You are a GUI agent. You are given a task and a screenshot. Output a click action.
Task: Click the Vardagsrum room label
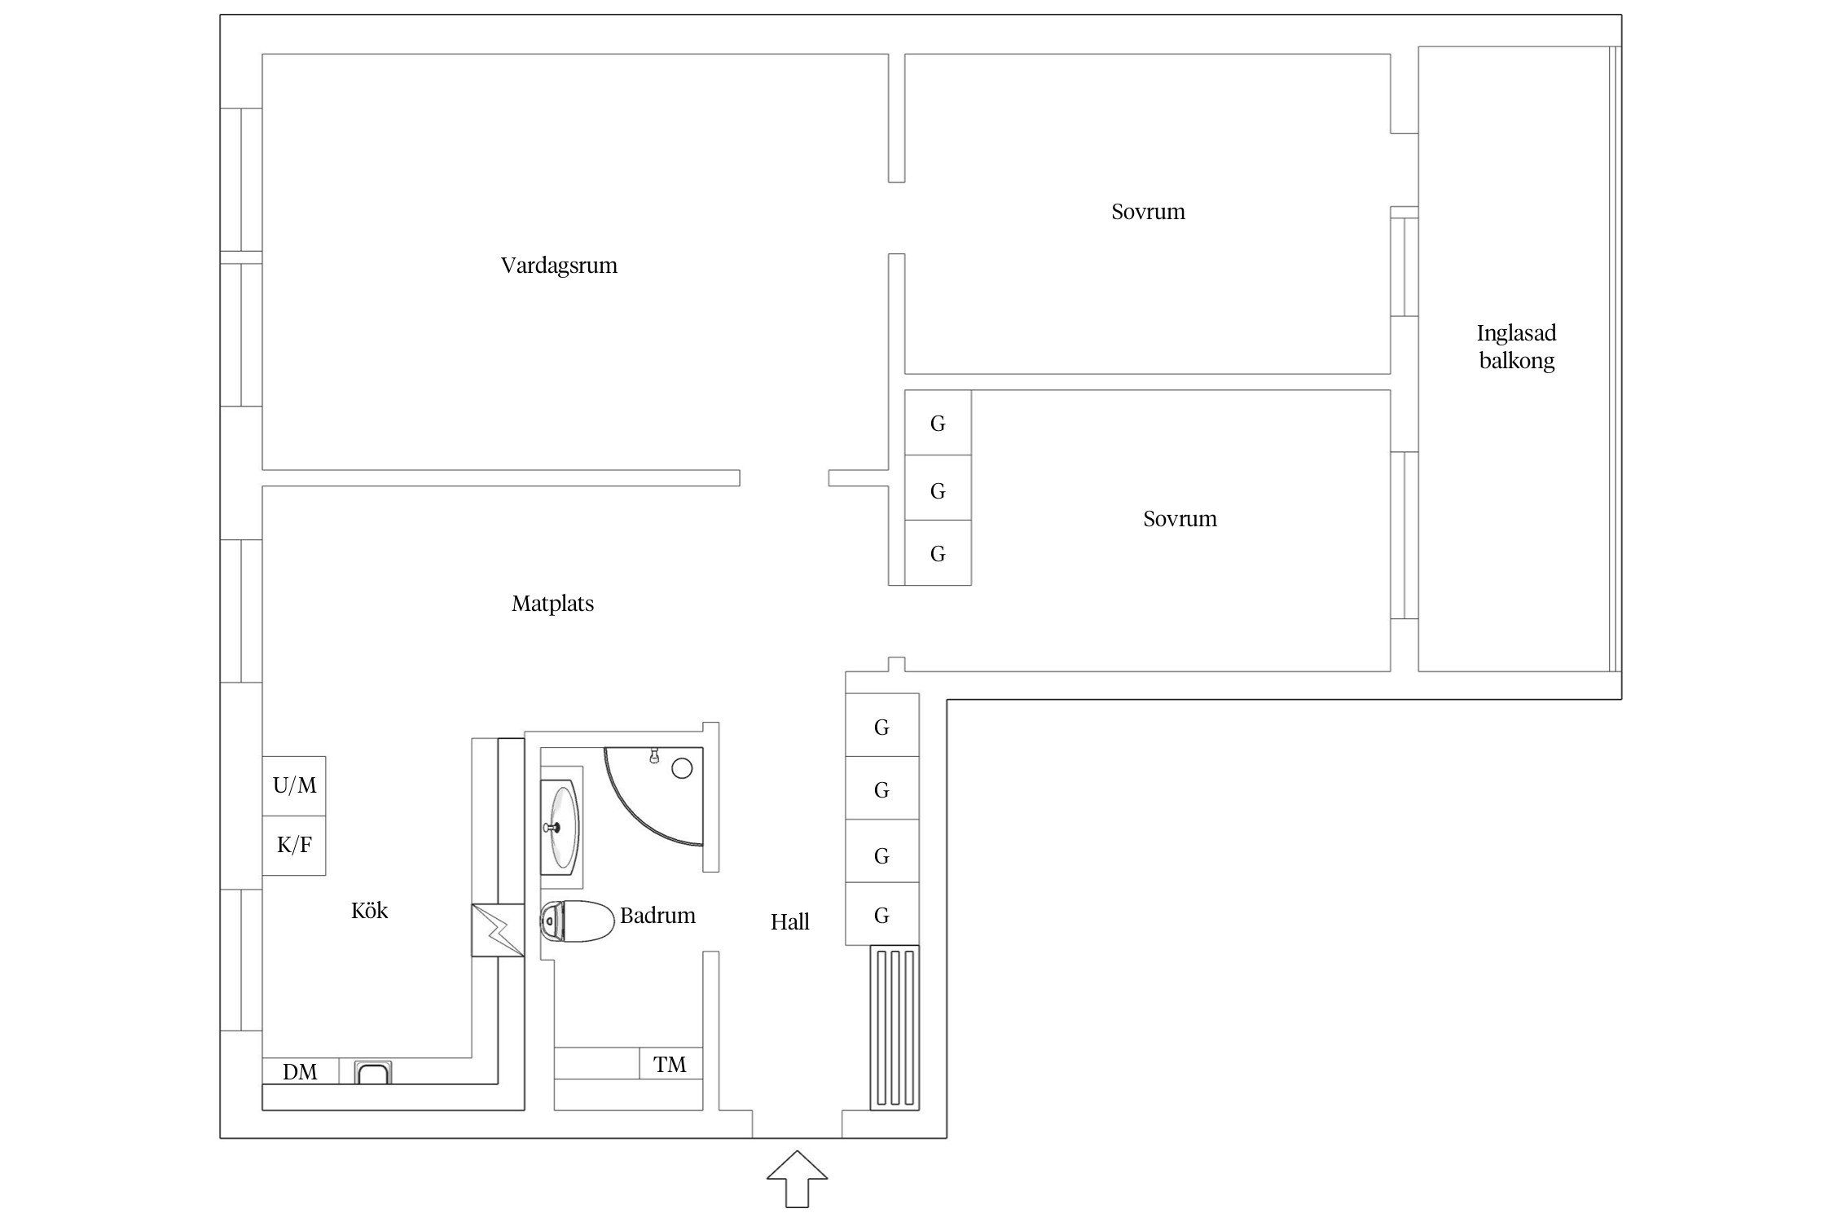point(559,266)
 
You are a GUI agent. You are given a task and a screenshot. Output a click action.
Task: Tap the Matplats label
point(552,604)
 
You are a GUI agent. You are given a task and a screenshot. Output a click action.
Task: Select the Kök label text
point(369,910)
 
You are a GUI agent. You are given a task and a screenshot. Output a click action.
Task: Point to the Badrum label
point(657,916)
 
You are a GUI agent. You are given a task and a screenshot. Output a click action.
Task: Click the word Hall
point(789,922)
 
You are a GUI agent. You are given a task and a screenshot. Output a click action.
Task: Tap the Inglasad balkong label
point(1516,346)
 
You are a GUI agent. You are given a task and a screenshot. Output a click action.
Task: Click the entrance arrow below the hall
point(797,1178)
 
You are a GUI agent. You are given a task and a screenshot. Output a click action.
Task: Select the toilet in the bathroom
point(577,921)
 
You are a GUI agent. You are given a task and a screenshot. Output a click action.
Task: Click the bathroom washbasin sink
point(562,826)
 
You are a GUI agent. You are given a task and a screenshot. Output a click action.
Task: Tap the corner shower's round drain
point(682,767)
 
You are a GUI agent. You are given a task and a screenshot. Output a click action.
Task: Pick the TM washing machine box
point(670,1063)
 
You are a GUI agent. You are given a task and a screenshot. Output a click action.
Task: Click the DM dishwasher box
point(301,1070)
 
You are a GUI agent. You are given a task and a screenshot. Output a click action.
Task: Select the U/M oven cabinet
point(294,785)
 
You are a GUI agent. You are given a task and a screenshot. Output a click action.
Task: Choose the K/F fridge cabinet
point(294,846)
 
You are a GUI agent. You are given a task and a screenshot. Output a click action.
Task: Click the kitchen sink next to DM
point(373,1072)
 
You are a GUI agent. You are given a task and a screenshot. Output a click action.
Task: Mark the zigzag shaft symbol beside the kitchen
point(498,930)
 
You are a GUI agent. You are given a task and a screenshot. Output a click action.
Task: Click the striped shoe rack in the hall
point(895,1027)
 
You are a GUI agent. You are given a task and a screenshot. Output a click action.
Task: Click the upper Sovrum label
point(1148,212)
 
